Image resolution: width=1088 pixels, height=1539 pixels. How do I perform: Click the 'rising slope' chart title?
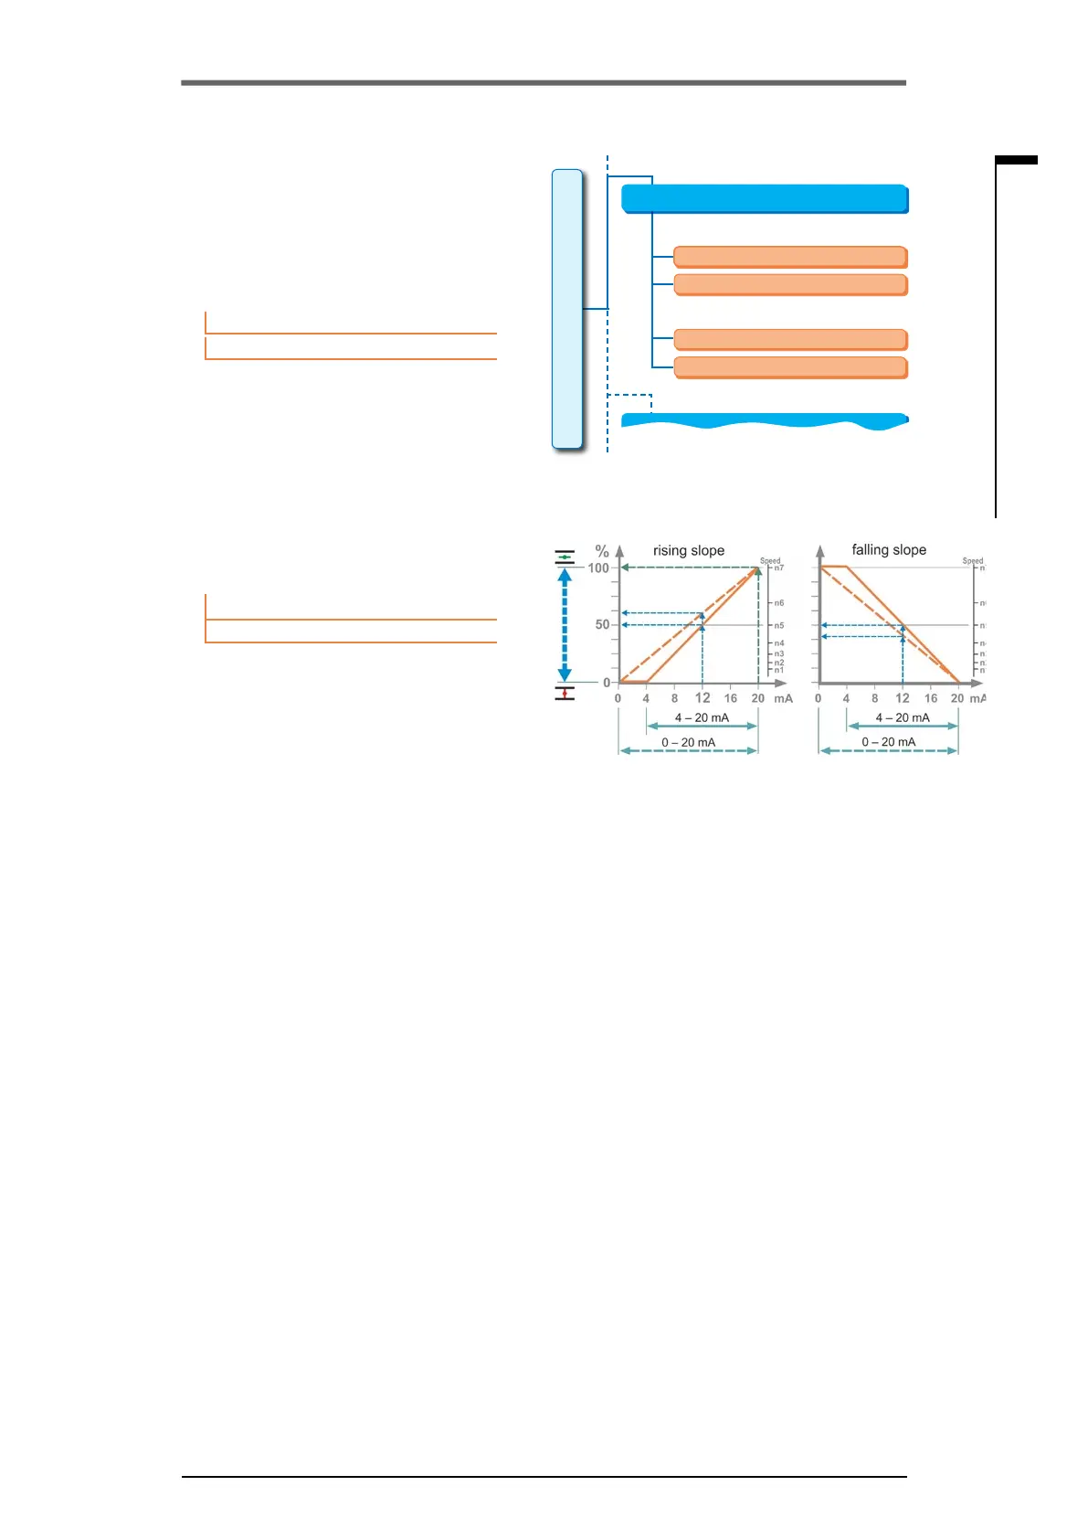click(x=688, y=550)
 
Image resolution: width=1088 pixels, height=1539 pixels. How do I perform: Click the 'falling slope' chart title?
click(x=888, y=549)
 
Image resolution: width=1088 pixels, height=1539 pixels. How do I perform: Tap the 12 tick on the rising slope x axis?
click(x=702, y=697)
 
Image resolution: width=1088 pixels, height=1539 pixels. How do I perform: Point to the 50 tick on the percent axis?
click(x=602, y=624)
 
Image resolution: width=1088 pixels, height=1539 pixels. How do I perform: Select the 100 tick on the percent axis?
click(x=598, y=568)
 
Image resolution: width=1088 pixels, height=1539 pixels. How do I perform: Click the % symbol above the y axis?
click(x=602, y=551)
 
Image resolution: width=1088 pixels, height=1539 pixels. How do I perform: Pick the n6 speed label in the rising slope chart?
click(x=778, y=603)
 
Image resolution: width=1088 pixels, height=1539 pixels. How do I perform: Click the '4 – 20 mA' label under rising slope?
click(x=702, y=717)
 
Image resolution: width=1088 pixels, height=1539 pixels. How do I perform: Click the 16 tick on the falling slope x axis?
click(x=930, y=698)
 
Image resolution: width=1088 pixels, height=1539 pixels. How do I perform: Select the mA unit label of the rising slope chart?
click(x=783, y=698)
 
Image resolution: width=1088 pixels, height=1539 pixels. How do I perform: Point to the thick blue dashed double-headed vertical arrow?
click(x=565, y=625)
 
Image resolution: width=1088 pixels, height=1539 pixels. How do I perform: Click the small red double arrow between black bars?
click(x=565, y=694)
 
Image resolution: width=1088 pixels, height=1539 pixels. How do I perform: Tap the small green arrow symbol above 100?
click(x=565, y=557)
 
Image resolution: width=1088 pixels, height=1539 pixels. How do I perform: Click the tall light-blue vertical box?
click(x=567, y=309)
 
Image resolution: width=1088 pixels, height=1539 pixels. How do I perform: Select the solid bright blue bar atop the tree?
click(x=765, y=198)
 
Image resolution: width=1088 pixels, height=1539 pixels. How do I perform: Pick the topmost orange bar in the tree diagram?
click(x=790, y=256)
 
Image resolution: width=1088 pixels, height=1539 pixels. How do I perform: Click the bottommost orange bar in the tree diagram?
click(x=790, y=367)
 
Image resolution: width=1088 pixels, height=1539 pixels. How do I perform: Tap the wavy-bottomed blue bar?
click(x=765, y=421)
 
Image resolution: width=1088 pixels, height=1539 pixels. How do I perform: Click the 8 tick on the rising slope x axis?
click(x=674, y=698)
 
